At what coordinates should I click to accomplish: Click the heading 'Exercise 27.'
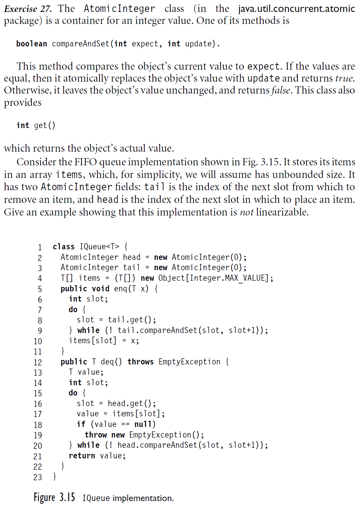point(28,9)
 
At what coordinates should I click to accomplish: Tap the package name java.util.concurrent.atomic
point(296,9)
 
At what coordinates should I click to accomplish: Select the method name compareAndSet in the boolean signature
point(81,44)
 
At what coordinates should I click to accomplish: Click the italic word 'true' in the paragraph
point(345,79)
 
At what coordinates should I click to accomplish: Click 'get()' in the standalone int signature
point(44,125)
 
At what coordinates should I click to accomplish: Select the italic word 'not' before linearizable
point(246,212)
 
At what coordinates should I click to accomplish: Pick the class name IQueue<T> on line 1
point(99,247)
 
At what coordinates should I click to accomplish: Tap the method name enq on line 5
point(121,289)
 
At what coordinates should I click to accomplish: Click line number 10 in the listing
point(38,342)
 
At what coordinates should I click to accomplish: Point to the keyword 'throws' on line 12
point(141,362)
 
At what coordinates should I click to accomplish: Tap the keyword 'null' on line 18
point(143,424)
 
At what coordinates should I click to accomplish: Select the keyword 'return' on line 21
point(82,456)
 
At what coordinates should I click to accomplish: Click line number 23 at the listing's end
point(38,477)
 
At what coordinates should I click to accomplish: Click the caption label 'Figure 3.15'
point(54,497)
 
